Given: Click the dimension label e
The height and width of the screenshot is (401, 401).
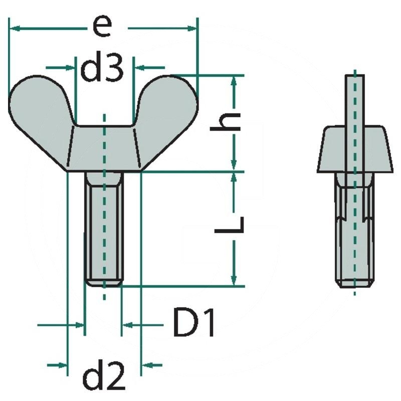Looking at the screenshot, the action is click(102, 27).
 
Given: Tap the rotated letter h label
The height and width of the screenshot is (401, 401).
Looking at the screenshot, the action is click(225, 121).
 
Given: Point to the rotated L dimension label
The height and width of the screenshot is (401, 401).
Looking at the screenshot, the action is click(229, 225).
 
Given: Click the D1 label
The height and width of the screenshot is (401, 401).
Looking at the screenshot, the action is click(193, 323).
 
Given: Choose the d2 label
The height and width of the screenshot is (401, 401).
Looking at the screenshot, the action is click(104, 375).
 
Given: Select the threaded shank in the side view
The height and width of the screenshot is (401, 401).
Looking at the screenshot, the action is click(354, 230).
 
